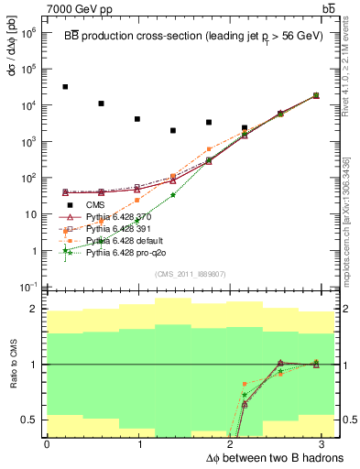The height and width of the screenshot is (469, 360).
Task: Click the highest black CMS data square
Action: coord(65,87)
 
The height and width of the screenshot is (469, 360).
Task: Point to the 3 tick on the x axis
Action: coord(325,442)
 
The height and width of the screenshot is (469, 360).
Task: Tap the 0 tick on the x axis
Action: coord(47,442)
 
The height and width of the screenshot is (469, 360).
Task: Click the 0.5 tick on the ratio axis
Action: coord(33,420)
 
